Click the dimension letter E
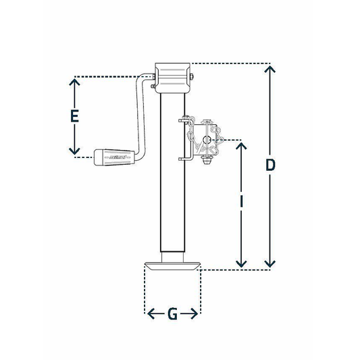tap(76, 116)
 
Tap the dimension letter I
tap(240, 201)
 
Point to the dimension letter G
tap(173, 314)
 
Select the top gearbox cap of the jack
tap(172, 78)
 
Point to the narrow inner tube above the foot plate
tap(173, 253)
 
